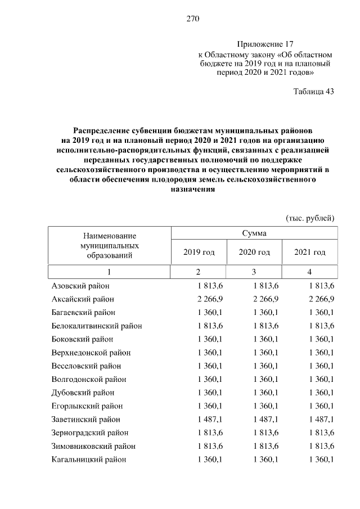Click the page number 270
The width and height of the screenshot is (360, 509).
193,19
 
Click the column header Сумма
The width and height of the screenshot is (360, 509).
254,233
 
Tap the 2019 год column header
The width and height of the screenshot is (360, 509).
199,252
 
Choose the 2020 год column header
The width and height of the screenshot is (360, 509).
254,252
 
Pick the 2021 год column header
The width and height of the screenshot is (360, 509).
310,252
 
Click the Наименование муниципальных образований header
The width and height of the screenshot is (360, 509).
110,246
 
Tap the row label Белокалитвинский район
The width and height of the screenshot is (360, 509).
96,326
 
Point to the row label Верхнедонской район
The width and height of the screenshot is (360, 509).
91,353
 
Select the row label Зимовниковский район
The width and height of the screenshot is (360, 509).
93,446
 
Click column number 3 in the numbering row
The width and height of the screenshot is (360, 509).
254,272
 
